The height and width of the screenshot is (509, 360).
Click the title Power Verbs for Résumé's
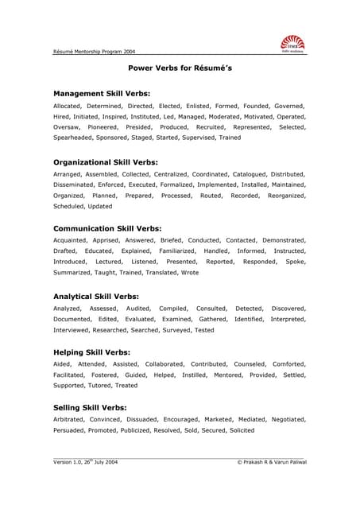(180, 68)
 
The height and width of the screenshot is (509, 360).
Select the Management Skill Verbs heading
(101, 94)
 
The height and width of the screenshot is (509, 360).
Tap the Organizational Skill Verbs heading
(106, 161)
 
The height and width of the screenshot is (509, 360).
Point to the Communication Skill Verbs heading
(107, 228)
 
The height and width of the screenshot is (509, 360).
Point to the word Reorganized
(284, 195)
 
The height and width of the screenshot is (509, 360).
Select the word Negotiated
(283, 418)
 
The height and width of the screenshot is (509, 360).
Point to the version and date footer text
(85, 461)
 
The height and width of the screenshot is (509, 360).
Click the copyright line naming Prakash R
(272, 461)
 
